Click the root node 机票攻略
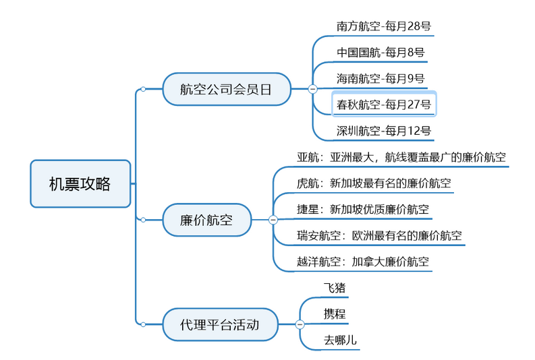[x=80, y=183]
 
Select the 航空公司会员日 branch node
[x=226, y=90]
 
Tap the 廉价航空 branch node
[x=206, y=220]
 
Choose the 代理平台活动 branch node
[x=219, y=324]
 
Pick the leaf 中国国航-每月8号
[x=381, y=53]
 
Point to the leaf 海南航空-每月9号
[x=381, y=78]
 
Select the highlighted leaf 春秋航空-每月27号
[x=384, y=104]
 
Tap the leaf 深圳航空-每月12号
[x=384, y=130]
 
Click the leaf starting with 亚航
[x=401, y=157]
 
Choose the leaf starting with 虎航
[x=374, y=183]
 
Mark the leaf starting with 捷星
[x=362, y=209]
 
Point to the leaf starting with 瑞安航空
[x=379, y=235]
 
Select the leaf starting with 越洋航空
[x=362, y=261]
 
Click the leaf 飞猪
[x=335, y=288]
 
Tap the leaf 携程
[x=335, y=313]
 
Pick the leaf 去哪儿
[x=340, y=340]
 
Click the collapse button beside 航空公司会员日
[x=312, y=89]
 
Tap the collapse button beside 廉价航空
[x=273, y=220]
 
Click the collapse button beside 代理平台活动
[x=300, y=324]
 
